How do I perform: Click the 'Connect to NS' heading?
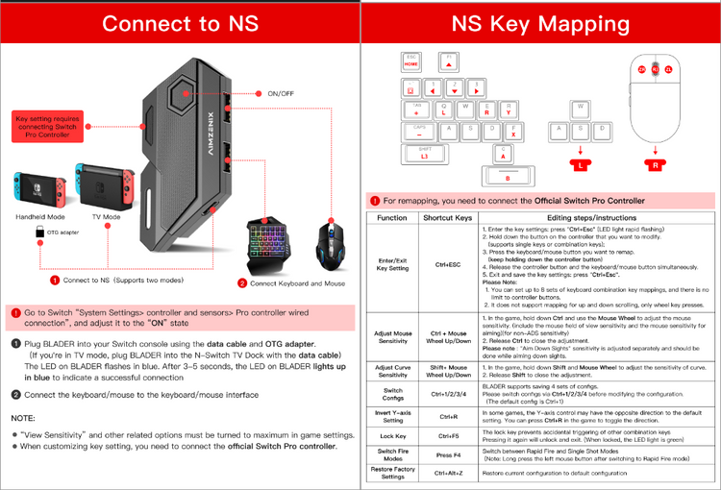pos(180,23)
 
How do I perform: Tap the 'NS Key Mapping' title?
pos(541,23)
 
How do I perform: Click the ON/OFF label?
pos(280,94)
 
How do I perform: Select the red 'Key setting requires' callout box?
pos(42,127)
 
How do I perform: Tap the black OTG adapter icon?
pos(39,233)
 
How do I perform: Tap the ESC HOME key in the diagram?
pos(412,61)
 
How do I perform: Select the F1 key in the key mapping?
pos(448,61)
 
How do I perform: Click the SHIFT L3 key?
pos(424,153)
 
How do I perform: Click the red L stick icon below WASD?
pos(580,164)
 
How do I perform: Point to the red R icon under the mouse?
pos(656,164)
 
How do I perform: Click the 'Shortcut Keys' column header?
pos(448,218)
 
